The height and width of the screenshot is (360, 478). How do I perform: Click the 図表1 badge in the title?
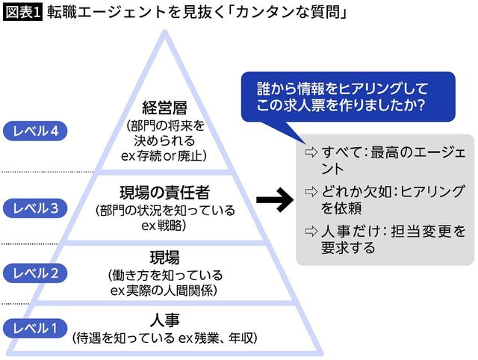(x=22, y=13)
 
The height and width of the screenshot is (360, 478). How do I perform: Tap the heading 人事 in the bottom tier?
(x=164, y=321)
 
